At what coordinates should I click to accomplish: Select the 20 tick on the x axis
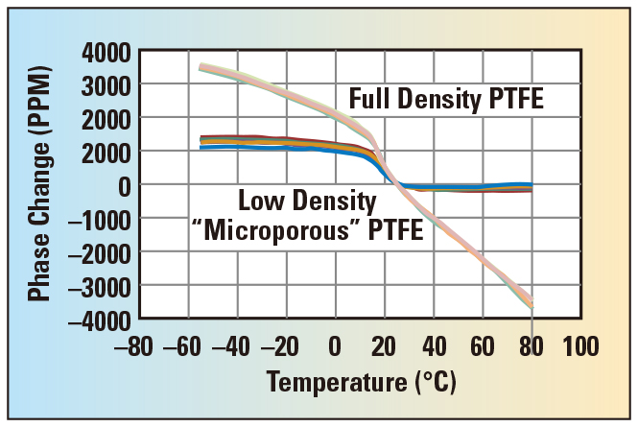point(384,344)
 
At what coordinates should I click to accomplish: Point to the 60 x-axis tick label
point(483,344)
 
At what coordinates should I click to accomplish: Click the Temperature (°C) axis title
point(363,382)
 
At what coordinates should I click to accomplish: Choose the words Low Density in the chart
point(307,202)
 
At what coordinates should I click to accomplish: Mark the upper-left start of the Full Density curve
point(201,66)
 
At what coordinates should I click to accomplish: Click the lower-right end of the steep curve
point(531,302)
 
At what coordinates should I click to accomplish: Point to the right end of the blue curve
point(531,184)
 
